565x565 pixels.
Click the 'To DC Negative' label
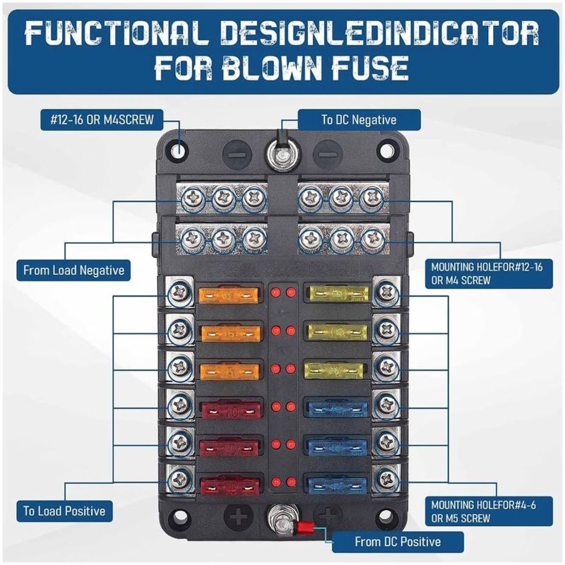click(359, 119)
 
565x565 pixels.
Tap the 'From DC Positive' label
click(398, 542)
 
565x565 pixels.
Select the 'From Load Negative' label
click(73, 270)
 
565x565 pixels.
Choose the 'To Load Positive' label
click(64, 511)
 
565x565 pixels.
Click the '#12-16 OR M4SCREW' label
click(102, 119)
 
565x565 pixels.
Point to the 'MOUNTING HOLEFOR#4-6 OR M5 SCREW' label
click(489, 511)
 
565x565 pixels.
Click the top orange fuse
click(229, 295)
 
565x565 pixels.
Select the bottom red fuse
click(230, 487)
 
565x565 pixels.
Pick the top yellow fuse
click(339, 294)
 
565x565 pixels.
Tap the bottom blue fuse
click(338, 486)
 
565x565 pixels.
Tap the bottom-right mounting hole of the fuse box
click(385, 516)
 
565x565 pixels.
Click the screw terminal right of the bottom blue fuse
click(387, 479)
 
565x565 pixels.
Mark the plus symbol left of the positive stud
click(239, 516)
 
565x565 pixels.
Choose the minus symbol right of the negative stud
click(327, 155)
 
